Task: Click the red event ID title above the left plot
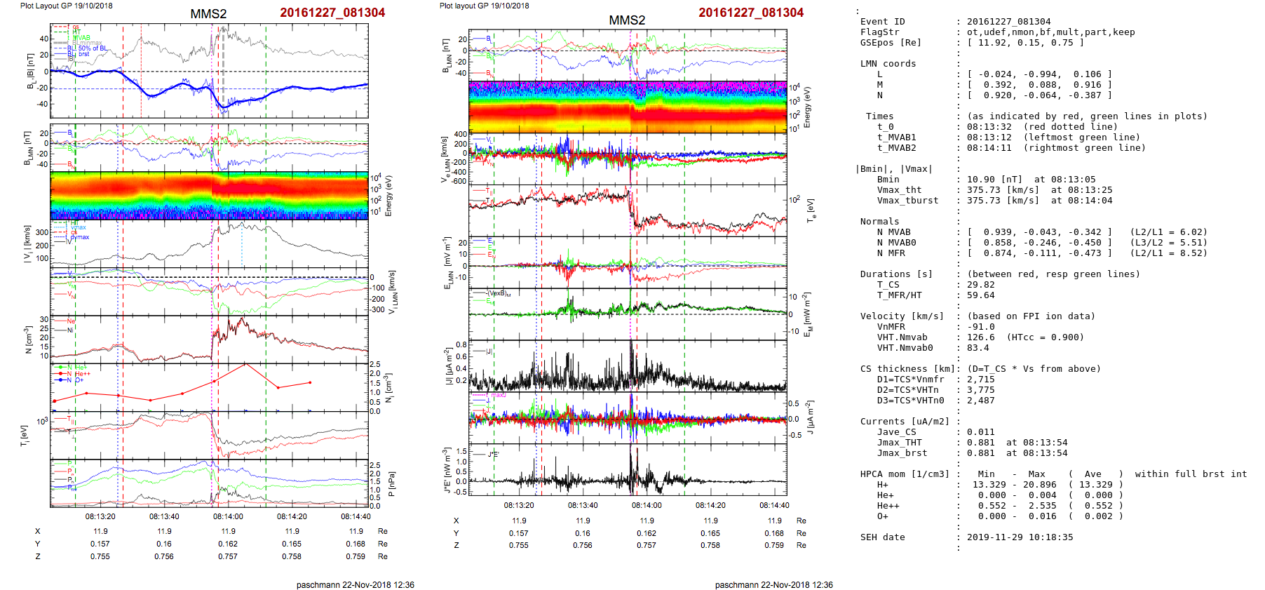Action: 332,13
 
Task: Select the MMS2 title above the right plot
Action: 626,20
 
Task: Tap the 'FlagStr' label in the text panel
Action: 879,32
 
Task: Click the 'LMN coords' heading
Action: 888,64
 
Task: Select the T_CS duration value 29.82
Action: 980,285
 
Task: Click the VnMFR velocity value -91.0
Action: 980,327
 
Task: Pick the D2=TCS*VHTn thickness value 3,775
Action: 980,390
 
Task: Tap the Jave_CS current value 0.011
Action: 980,432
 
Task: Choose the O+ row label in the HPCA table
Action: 882,516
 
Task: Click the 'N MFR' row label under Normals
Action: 891,253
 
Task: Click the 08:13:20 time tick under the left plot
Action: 100,516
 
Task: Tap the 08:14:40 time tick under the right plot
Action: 774,505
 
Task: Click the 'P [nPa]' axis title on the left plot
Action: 391,484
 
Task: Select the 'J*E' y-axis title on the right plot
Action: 447,470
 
